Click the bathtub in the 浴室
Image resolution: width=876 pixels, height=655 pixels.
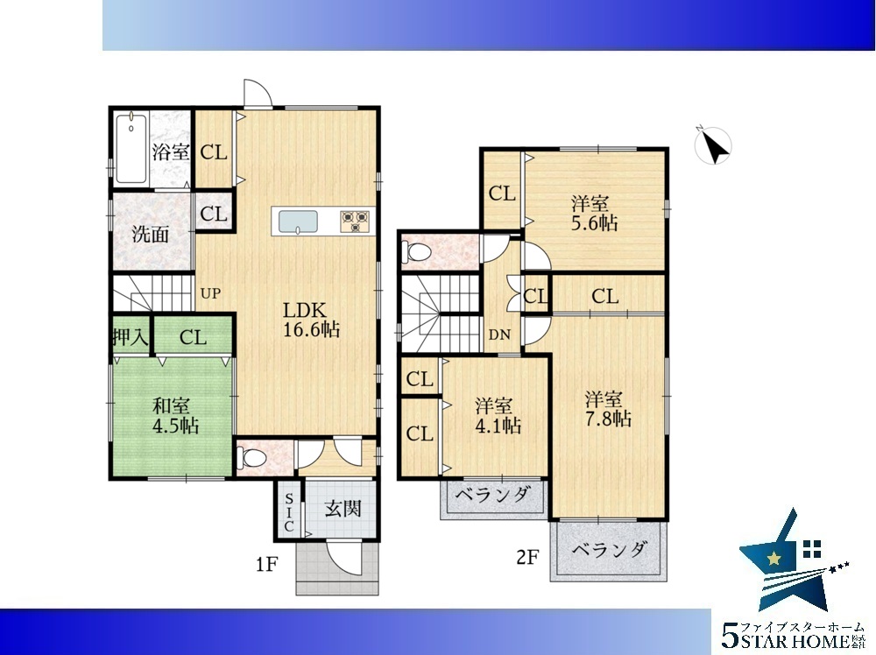tap(131, 149)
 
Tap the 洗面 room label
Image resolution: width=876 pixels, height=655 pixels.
tap(151, 234)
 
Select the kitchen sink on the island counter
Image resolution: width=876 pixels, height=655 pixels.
tap(298, 222)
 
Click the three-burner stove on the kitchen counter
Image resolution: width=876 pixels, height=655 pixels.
tap(355, 221)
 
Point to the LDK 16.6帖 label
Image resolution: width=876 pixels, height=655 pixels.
tap(311, 320)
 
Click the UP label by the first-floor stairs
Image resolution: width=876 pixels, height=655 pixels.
tap(210, 293)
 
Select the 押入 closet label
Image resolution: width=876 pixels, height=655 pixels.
tap(131, 337)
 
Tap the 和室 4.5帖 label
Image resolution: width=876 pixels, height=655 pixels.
tap(175, 416)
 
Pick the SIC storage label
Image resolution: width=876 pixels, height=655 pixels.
tap(289, 512)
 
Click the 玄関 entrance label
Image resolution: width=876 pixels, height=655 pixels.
tap(343, 509)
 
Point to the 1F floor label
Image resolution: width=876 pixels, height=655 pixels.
tap(267, 565)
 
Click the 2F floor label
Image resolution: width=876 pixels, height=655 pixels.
tap(527, 557)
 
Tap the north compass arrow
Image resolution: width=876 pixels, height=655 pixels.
tap(713, 145)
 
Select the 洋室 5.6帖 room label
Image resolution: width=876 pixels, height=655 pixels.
tap(594, 214)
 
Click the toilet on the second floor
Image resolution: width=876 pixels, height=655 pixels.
tap(417, 252)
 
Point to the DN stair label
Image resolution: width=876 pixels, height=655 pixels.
tap(499, 335)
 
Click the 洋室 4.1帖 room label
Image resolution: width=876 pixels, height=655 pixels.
tap(498, 416)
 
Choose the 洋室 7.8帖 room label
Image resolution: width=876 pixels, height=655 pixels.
tap(608, 409)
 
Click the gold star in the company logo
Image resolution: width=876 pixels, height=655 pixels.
tap(774, 558)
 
